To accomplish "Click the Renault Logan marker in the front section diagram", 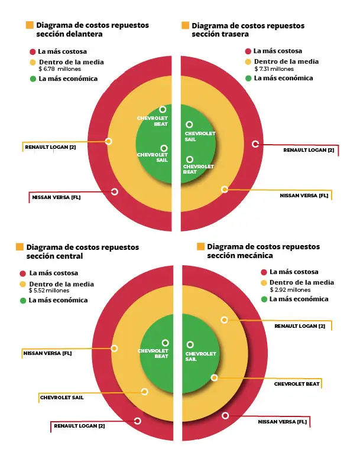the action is (x=109, y=141).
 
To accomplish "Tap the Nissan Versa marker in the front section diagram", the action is (x=114, y=192).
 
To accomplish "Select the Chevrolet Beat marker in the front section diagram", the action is (x=163, y=109).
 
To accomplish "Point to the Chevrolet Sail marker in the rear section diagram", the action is (x=189, y=125).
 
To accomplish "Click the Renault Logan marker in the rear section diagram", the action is (x=255, y=144).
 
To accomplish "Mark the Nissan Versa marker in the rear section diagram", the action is (x=225, y=190).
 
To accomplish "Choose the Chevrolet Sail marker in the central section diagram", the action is (x=145, y=392).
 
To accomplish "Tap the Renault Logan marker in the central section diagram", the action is (x=137, y=421).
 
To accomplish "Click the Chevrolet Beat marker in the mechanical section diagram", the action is (x=214, y=378).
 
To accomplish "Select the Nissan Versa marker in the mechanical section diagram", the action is (x=225, y=416).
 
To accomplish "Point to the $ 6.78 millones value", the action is (x=60, y=69).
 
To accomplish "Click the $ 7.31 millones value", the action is (x=274, y=69).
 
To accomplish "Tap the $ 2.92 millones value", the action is (x=290, y=290).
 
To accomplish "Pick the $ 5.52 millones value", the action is (x=49, y=291).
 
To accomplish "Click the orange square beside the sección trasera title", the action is (x=185, y=25).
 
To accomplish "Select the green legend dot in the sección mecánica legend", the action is (x=264, y=299).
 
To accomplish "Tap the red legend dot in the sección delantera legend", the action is (x=33, y=52).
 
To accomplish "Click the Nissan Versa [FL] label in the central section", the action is (x=47, y=353).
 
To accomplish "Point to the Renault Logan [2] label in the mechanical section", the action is (x=300, y=326).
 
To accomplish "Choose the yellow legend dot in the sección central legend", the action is (x=22, y=284).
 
